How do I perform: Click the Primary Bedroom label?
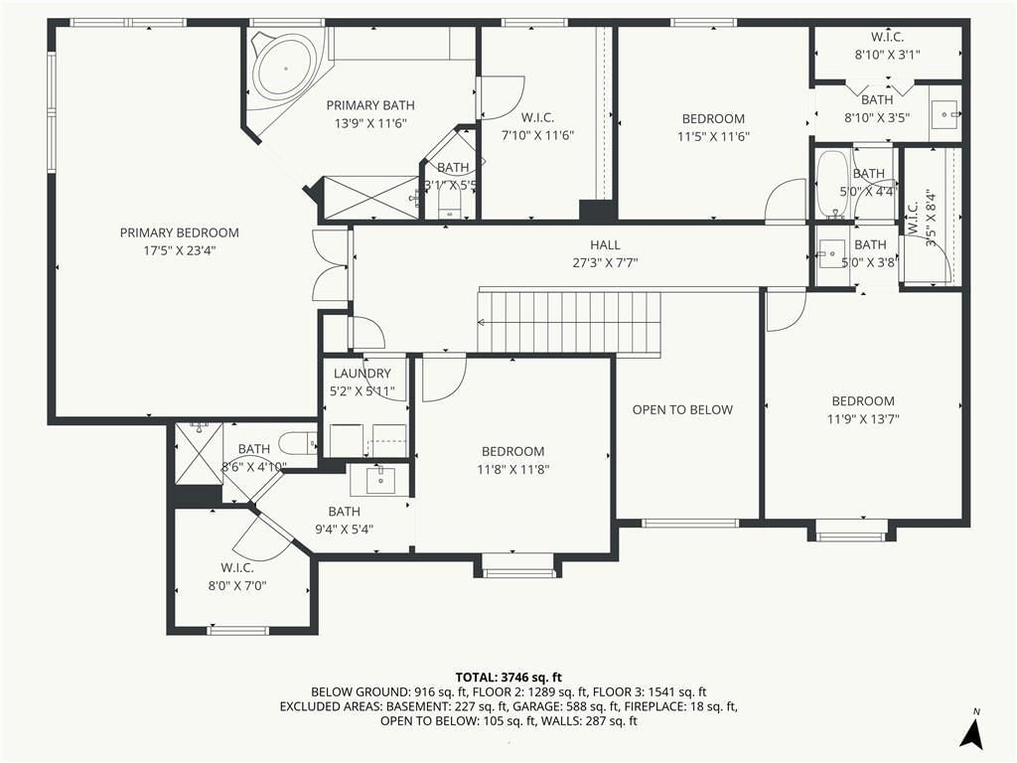coord(180,232)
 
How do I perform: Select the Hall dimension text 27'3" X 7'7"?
coord(605,262)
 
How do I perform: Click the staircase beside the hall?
coord(569,322)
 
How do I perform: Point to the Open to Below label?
coord(682,409)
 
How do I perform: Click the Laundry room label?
coord(362,374)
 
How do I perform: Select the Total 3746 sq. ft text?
coord(508,678)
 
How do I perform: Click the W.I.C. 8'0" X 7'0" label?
coord(237,576)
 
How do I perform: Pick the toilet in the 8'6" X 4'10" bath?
coord(298,443)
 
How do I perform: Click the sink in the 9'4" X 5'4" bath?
coord(380,480)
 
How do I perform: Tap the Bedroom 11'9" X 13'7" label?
coord(863,409)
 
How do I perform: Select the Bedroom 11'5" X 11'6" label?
coord(713,127)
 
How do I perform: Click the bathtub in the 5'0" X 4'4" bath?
coord(832,184)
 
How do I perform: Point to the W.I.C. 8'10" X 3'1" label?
coord(887,46)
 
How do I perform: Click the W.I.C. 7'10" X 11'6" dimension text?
coord(537,135)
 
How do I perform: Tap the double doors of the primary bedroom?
coord(332,264)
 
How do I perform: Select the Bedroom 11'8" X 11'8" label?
coord(513,460)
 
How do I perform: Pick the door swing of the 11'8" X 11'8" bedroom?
coord(444,379)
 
